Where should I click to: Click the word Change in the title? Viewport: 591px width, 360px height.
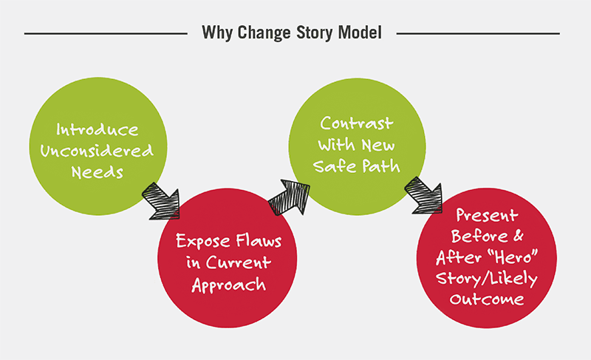[264, 33]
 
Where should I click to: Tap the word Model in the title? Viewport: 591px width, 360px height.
[360, 33]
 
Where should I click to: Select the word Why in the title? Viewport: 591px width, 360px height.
[217, 33]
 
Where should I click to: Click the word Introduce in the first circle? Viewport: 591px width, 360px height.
[98, 129]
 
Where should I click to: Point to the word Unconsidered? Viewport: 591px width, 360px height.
[97, 151]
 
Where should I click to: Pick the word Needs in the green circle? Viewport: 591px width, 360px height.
[98, 172]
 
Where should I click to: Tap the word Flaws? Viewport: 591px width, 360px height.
[259, 240]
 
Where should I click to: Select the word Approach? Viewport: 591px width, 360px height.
[229, 285]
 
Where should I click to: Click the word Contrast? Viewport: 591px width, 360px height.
[357, 123]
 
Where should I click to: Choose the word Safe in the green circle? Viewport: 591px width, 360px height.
[335, 166]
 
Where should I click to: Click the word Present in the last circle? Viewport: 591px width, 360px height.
[487, 216]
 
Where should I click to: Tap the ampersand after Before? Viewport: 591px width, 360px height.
[518, 236]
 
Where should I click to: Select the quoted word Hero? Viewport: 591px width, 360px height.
[512, 257]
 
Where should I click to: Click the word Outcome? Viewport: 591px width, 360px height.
[487, 299]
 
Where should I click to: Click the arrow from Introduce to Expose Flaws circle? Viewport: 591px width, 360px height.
[161, 201]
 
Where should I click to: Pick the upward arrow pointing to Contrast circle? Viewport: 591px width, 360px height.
[290, 197]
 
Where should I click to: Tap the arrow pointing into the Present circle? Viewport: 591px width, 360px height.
[423, 195]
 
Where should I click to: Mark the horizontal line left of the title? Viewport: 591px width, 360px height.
[106, 33]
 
